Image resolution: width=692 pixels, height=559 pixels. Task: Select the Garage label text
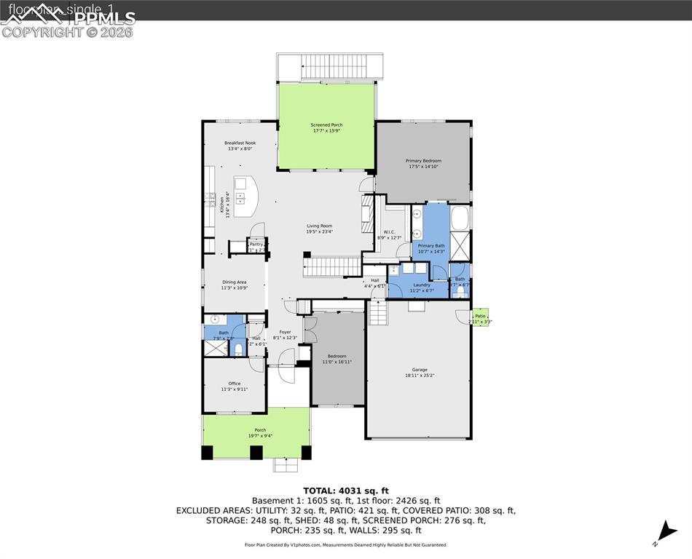point(420,373)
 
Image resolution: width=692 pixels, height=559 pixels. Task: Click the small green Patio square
point(480,317)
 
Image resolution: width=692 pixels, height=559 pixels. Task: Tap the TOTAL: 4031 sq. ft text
point(346,490)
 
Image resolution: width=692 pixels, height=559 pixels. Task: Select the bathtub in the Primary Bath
point(460,218)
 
